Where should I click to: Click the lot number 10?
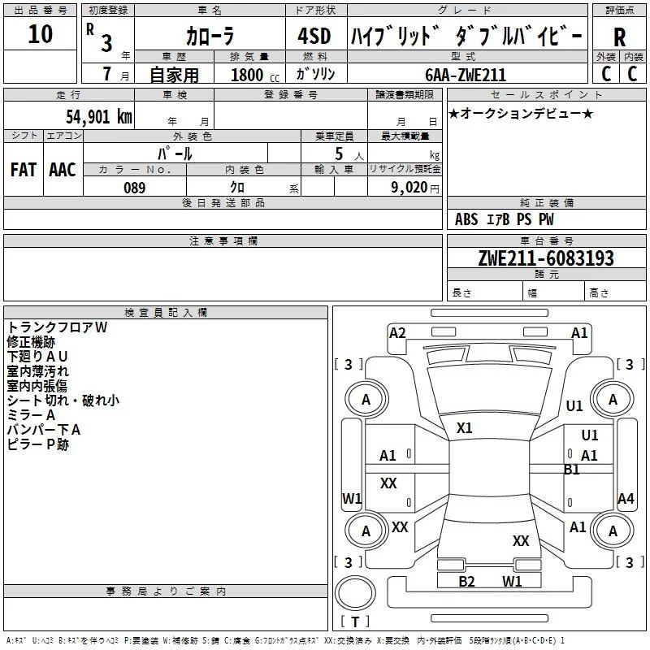[x=40, y=36]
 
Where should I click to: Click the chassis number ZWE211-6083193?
[x=545, y=258]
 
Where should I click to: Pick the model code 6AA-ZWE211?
[x=466, y=75]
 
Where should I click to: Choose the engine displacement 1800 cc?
[x=250, y=76]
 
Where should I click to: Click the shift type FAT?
[x=23, y=170]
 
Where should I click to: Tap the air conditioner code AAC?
[x=63, y=170]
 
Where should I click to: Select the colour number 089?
[x=135, y=188]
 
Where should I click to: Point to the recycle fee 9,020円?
[x=410, y=188]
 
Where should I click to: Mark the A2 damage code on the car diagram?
[x=397, y=333]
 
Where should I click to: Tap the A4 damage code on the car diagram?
[x=626, y=499]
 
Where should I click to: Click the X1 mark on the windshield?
[x=465, y=427]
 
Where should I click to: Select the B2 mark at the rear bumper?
[x=466, y=581]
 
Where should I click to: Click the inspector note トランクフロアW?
[x=57, y=327]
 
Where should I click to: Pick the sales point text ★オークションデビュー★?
[x=521, y=113]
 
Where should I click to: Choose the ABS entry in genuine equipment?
[x=466, y=219]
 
